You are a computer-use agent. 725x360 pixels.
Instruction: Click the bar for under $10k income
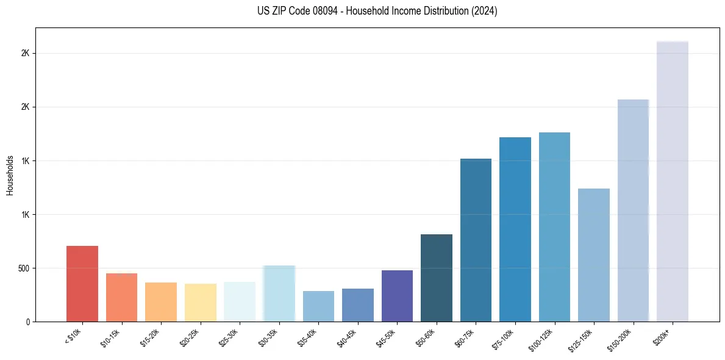coord(82,284)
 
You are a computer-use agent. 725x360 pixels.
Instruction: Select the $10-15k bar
coord(121,297)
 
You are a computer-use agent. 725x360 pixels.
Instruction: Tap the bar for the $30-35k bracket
coord(279,293)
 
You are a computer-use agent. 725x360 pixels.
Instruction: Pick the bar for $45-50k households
coord(397,296)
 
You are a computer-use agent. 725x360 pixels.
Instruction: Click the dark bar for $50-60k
coord(437,278)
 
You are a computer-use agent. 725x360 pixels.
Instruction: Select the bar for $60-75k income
coord(476,240)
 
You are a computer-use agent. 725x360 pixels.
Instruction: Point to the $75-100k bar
coord(515,229)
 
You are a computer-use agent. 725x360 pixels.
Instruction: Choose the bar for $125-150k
coord(594,255)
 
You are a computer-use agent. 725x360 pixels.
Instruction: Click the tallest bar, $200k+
coord(673,181)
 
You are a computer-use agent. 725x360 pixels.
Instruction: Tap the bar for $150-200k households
coord(633,211)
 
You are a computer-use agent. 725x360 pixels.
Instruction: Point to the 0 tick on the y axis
coord(28,322)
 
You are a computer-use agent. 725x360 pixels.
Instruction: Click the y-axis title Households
coord(10,175)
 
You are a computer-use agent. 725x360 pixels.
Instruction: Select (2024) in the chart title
coord(485,11)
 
